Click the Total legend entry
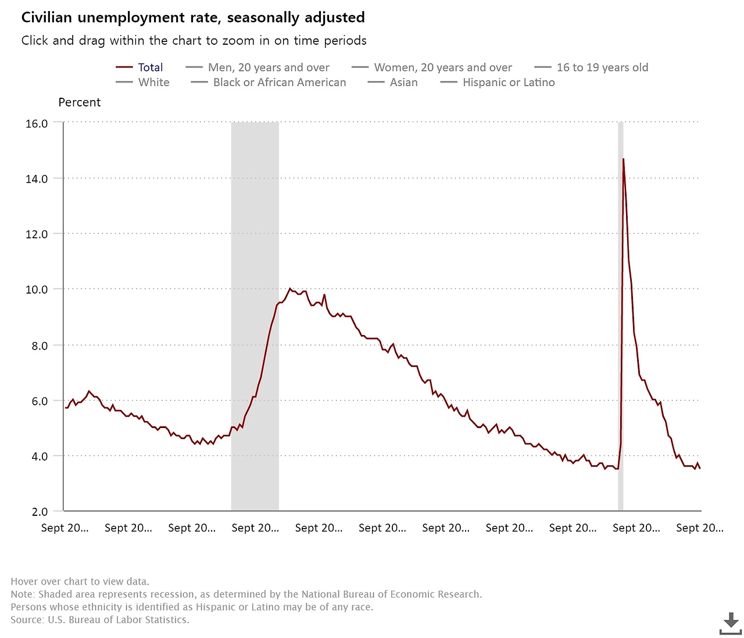(x=150, y=67)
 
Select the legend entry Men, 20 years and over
(x=268, y=67)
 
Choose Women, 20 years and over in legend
(x=442, y=67)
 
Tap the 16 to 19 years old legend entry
(x=602, y=67)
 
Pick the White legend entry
(x=153, y=83)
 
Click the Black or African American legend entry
(x=279, y=83)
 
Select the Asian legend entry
(x=403, y=83)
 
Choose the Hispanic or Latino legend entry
(x=508, y=83)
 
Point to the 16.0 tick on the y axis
(x=37, y=123)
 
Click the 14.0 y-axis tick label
(x=37, y=179)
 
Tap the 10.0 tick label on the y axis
(x=37, y=289)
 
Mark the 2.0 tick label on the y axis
(x=40, y=512)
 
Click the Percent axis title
(x=80, y=102)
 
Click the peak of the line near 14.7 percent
(x=623, y=159)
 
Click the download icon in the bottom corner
(x=730, y=623)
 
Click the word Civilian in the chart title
(x=46, y=17)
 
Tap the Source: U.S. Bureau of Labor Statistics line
(x=99, y=620)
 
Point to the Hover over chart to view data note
(x=80, y=582)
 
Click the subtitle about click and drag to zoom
(x=194, y=41)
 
